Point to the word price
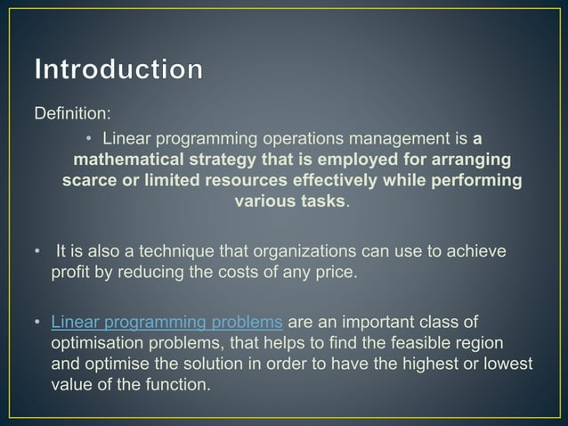[x=337, y=272]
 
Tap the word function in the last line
[x=181, y=385]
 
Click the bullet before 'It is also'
[x=37, y=252]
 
